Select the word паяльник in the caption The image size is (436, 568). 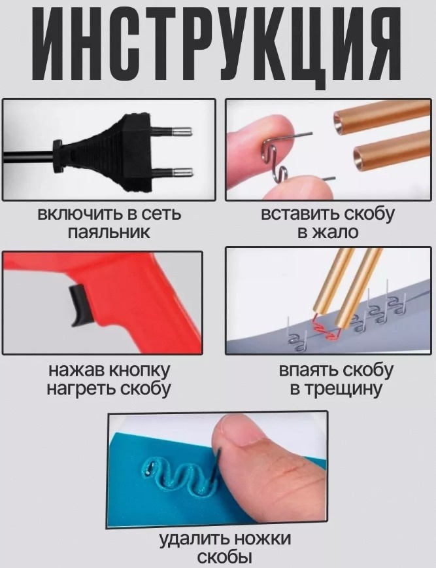(109, 232)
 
